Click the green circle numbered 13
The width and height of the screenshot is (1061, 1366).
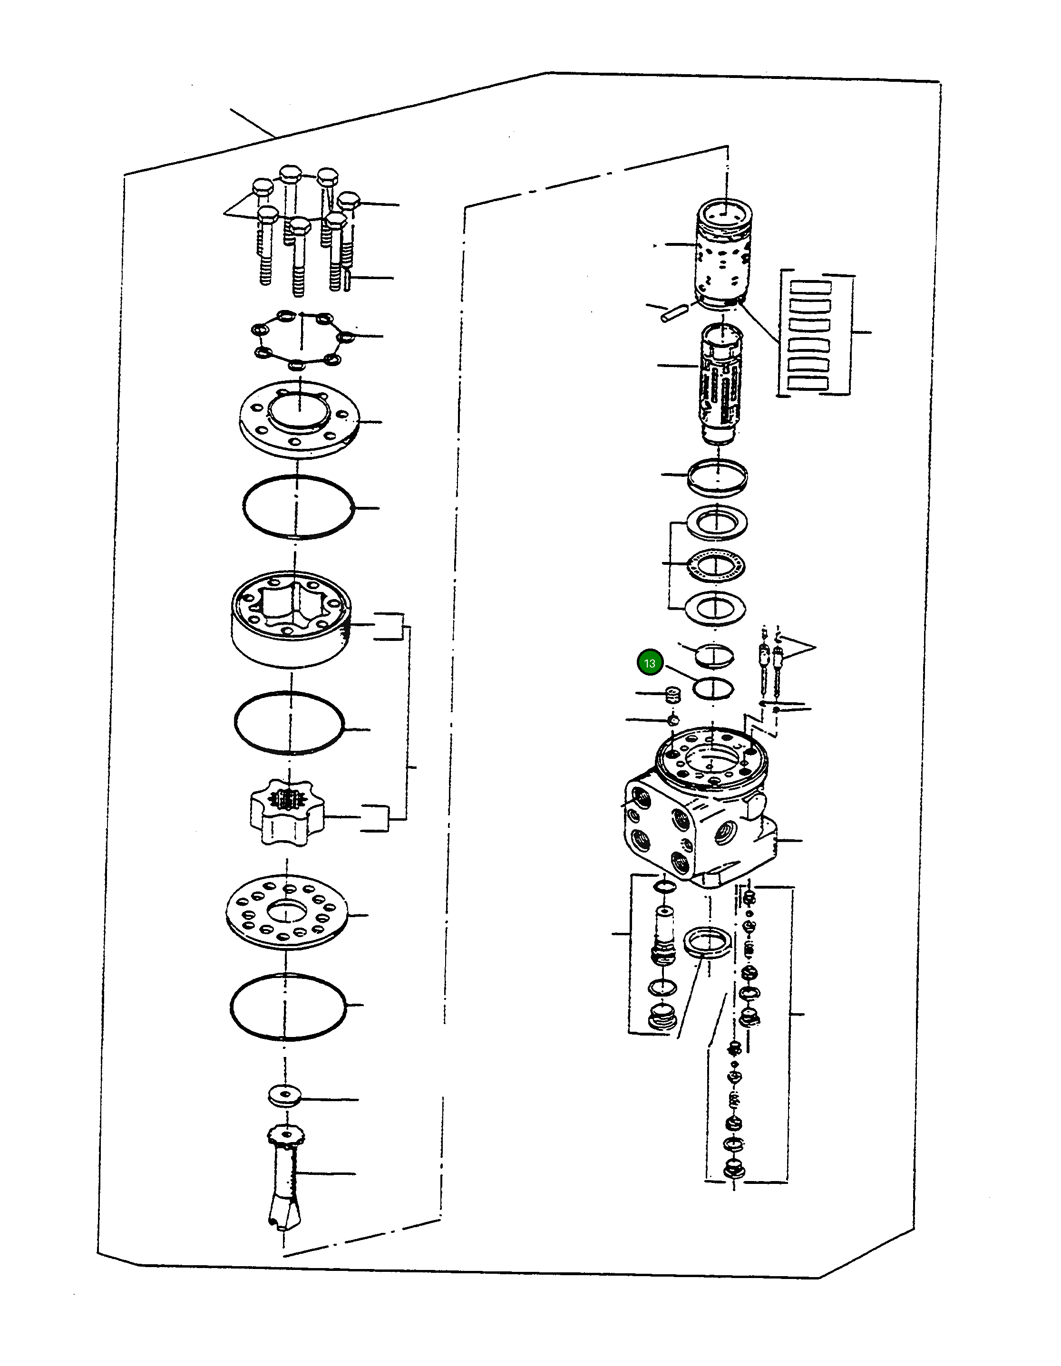(x=649, y=663)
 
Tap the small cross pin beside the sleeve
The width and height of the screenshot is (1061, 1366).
(x=674, y=312)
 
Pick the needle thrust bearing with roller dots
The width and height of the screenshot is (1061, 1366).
(x=715, y=565)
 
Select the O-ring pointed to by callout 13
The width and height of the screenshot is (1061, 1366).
(x=713, y=688)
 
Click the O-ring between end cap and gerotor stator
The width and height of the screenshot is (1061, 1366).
(x=298, y=507)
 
